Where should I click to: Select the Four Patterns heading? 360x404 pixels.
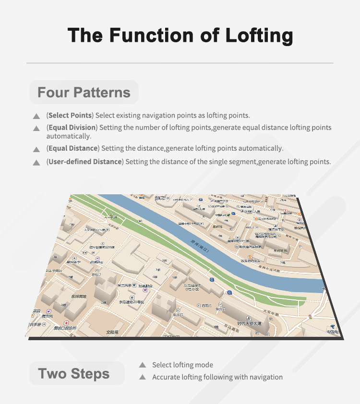[x=84, y=93]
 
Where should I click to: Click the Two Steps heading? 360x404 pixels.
[x=74, y=374]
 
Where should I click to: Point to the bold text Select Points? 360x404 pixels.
[x=70, y=116]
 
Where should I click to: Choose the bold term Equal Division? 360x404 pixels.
[x=72, y=128]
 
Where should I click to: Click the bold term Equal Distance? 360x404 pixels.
[x=73, y=148]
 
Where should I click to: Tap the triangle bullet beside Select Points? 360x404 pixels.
[x=36, y=117]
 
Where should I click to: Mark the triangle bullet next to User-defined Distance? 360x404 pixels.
[x=36, y=163]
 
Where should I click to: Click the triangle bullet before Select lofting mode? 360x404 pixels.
[x=142, y=365]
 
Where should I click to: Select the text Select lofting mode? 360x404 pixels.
[x=182, y=365]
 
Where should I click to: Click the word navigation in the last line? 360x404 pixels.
[x=265, y=377]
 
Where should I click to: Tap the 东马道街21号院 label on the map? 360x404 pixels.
[x=132, y=302]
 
